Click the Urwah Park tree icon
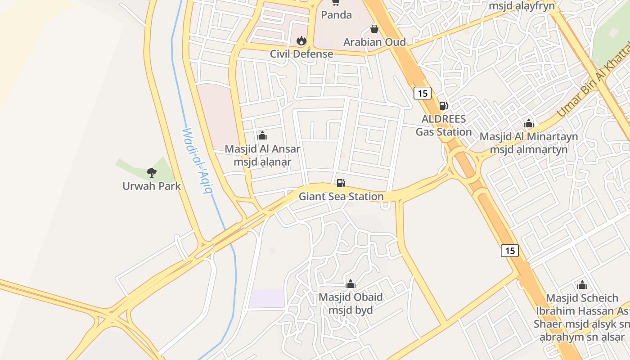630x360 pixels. [x=152, y=172]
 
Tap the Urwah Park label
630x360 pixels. [x=152, y=186]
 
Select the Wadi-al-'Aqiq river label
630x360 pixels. [x=197, y=161]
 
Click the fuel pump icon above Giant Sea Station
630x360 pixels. [x=341, y=183]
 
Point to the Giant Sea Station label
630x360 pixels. [x=341, y=197]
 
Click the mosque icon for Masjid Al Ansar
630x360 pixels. [x=262, y=135]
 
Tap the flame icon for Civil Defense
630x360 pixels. [x=301, y=41]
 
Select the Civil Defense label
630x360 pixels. [x=301, y=54]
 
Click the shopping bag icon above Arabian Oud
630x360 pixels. [x=374, y=29]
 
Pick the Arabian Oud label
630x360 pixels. [x=374, y=42]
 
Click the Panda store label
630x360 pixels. [x=336, y=15]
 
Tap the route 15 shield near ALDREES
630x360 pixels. [x=422, y=93]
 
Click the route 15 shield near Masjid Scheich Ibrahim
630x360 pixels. [x=510, y=250]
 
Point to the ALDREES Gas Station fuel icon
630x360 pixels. [x=443, y=106]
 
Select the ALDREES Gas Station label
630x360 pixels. [x=443, y=126]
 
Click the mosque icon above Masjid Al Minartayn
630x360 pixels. [x=529, y=123]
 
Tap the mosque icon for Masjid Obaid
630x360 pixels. [x=351, y=284]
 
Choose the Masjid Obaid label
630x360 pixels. [x=351, y=304]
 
